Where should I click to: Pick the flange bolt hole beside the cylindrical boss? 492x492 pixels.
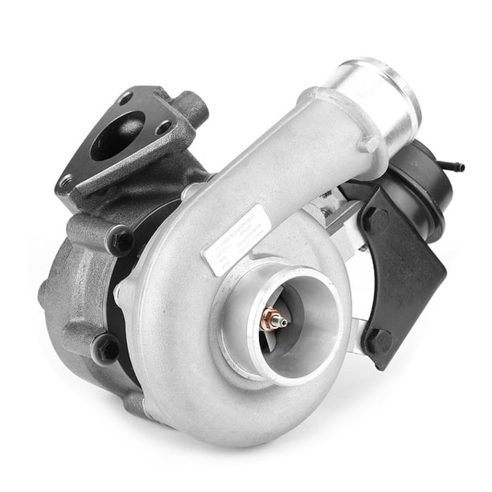[x=163, y=125]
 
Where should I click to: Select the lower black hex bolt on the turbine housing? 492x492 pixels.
[x=105, y=346]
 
